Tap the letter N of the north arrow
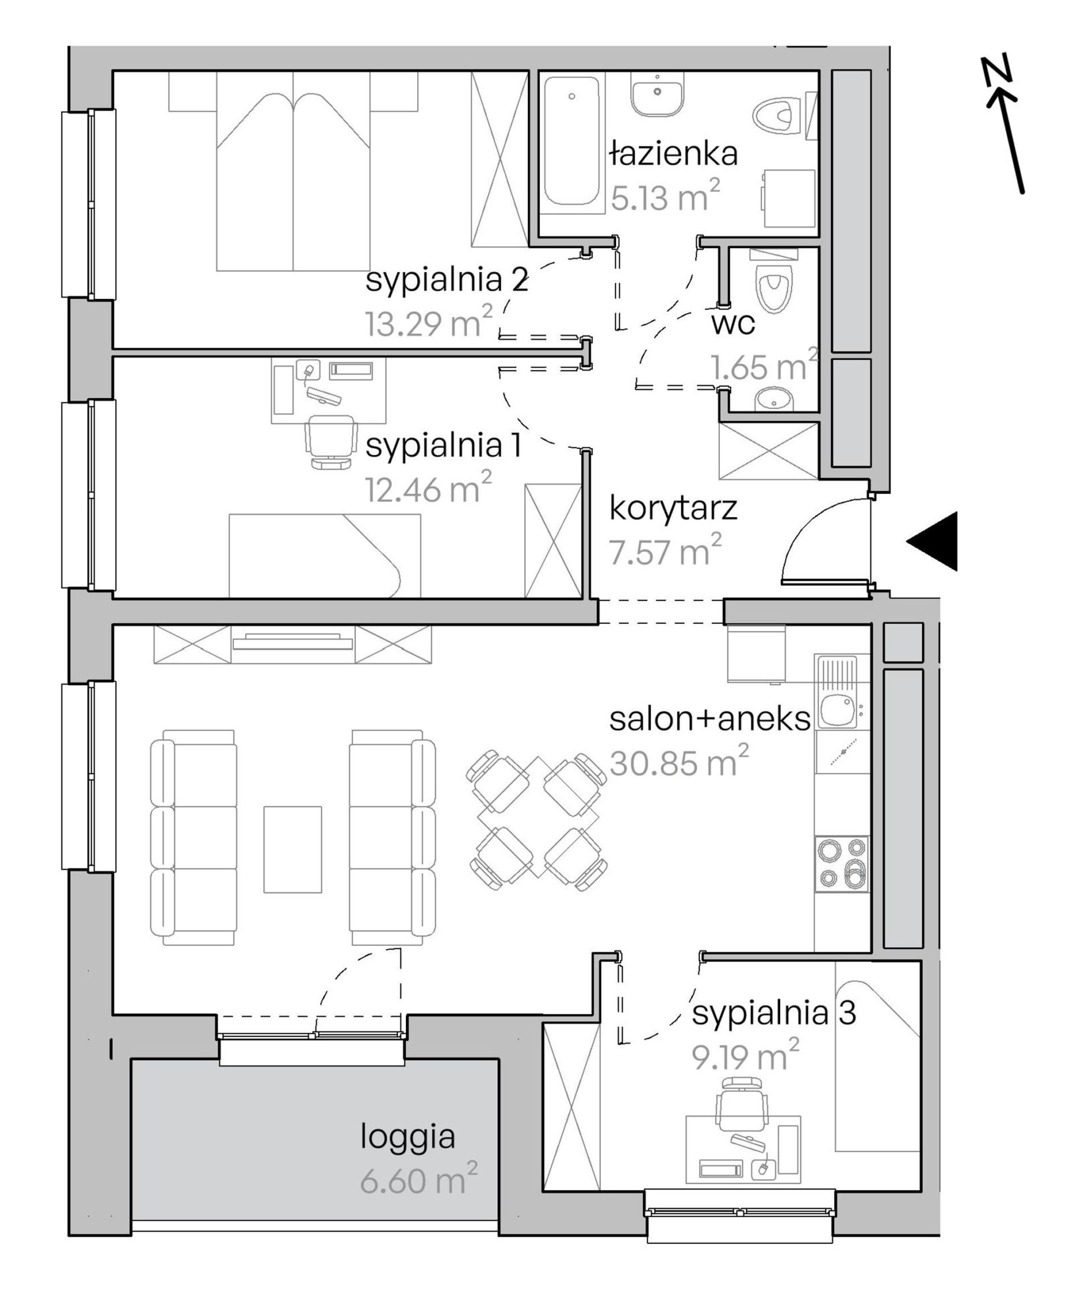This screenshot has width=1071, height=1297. pos(995,69)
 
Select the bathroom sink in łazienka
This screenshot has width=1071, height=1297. pos(658,93)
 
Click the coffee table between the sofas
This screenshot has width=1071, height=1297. pos(293,849)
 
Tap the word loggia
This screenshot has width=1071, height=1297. pos(408,1136)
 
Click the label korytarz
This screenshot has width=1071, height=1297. pos(673,508)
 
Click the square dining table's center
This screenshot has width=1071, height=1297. pos(537,818)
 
